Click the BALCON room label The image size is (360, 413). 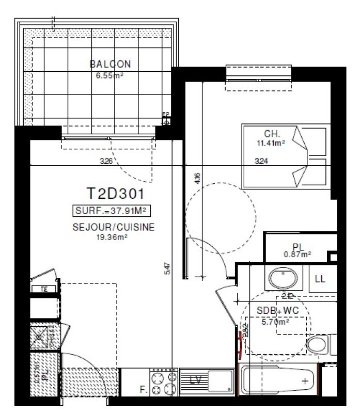(110, 65)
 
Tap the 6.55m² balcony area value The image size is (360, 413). (110, 74)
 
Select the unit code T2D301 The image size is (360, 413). (114, 194)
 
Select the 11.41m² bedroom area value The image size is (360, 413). (272, 142)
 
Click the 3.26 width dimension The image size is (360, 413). (106, 161)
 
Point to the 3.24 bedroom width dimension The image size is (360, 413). (262, 161)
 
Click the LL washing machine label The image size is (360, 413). (320, 279)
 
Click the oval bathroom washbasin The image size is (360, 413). (282, 279)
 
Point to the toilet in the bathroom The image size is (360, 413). (316, 344)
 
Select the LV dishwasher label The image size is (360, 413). (196, 381)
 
